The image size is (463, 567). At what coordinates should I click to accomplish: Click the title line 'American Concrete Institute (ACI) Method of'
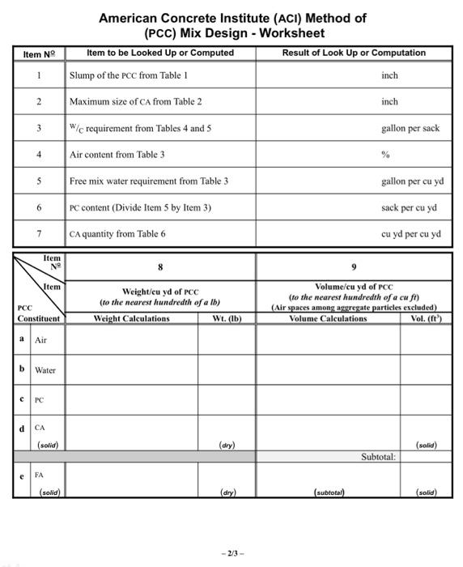pos(232,18)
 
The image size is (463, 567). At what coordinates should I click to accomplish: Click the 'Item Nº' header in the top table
pos(38,54)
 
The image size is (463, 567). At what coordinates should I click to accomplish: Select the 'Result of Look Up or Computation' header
pos(354,53)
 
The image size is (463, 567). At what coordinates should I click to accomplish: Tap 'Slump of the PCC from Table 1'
pos(129,75)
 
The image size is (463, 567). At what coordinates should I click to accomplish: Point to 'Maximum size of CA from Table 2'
pos(136,102)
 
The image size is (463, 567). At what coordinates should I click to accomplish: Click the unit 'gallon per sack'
pos(410,128)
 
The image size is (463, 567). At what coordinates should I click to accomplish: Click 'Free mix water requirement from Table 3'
pos(149,181)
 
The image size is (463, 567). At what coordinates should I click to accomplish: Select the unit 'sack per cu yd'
pos(409,207)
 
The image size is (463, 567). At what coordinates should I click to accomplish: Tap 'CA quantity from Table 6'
pos(118,234)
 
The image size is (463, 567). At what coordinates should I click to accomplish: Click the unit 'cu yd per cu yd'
pos(410,234)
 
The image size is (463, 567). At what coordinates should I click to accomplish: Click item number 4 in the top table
pos(38,154)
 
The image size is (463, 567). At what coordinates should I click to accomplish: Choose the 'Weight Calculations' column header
pos(132,318)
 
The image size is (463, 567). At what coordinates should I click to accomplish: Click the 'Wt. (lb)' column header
pos(226,318)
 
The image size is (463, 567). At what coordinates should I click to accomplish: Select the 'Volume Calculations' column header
pos(328,318)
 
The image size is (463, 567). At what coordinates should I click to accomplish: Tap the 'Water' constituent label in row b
pos(45,370)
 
